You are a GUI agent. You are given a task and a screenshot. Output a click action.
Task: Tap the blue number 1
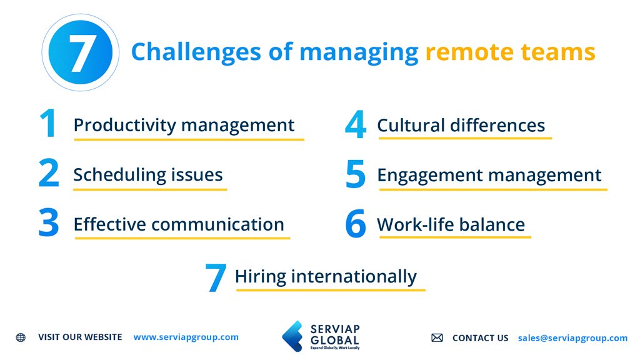coord(47,124)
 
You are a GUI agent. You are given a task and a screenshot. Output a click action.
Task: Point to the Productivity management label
coord(184,125)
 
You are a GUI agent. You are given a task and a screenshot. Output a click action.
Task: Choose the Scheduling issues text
coord(148,175)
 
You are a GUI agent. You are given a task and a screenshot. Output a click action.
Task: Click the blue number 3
coord(48,224)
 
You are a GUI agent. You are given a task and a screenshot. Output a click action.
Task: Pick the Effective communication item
coord(179,224)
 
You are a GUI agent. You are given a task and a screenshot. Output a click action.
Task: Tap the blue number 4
coord(355,125)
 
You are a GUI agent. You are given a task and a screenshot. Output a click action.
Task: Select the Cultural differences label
coord(461,125)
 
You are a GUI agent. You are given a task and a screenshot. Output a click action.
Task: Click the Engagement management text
coord(489,176)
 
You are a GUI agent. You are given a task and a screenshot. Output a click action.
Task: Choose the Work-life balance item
coord(451,224)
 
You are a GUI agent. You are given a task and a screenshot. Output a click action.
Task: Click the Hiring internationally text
coord(326,276)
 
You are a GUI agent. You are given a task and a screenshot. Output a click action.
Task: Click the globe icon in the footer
coord(21,337)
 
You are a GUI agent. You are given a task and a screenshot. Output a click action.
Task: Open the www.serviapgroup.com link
coord(186,337)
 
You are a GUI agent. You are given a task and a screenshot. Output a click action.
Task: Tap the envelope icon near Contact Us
coord(437,338)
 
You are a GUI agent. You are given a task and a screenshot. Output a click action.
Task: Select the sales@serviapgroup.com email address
coord(572,338)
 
